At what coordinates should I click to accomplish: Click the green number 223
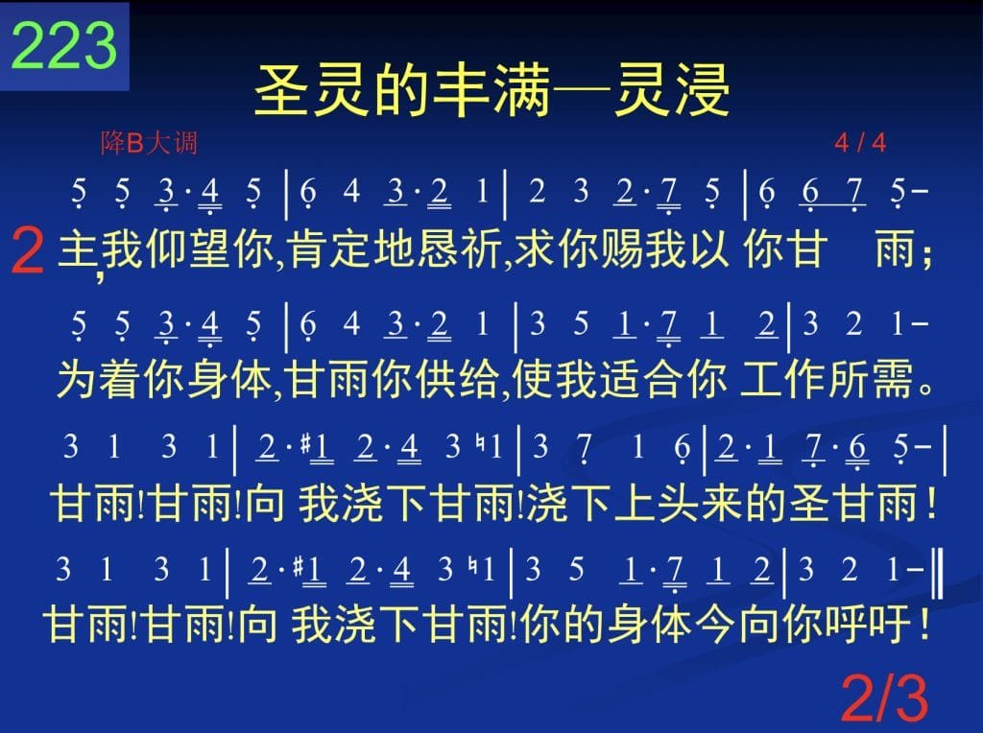click(64, 45)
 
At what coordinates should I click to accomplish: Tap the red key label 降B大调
click(149, 143)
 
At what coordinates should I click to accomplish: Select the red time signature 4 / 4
click(860, 143)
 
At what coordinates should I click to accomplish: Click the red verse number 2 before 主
click(28, 251)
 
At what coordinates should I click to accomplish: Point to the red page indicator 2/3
click(884, 698)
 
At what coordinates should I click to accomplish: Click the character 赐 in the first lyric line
click(622, 249)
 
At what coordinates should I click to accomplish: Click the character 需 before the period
click(893, 379)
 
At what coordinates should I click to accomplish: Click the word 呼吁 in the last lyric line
click(868, 624)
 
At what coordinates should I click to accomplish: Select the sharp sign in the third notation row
click(306, 444)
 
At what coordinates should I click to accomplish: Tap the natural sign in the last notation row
click(474, 567)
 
